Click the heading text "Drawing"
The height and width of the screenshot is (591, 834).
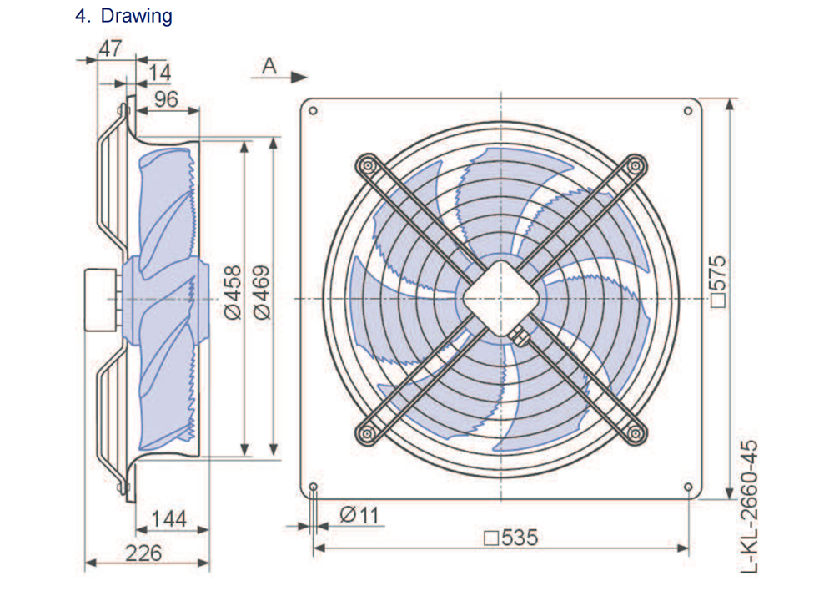[137, 16]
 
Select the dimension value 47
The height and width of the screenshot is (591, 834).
[110, 48]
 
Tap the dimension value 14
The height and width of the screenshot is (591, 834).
[159, 73]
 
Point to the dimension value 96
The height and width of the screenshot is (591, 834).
[166, 99]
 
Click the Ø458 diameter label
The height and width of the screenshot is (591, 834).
[233, 292]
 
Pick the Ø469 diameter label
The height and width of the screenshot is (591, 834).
[262, 292]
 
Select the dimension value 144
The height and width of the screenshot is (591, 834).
[168, 520]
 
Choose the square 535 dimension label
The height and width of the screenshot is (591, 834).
[510, 538]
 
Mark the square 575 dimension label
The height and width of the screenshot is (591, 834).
[718, 282]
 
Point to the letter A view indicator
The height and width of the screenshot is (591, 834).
[269, 66]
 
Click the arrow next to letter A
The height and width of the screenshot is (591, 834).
[294, 77]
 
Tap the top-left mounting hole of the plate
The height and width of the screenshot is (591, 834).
[312, 109]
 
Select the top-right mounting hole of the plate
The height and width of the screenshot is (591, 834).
[688, 109]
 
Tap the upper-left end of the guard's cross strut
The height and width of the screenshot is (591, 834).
[365, 164]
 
